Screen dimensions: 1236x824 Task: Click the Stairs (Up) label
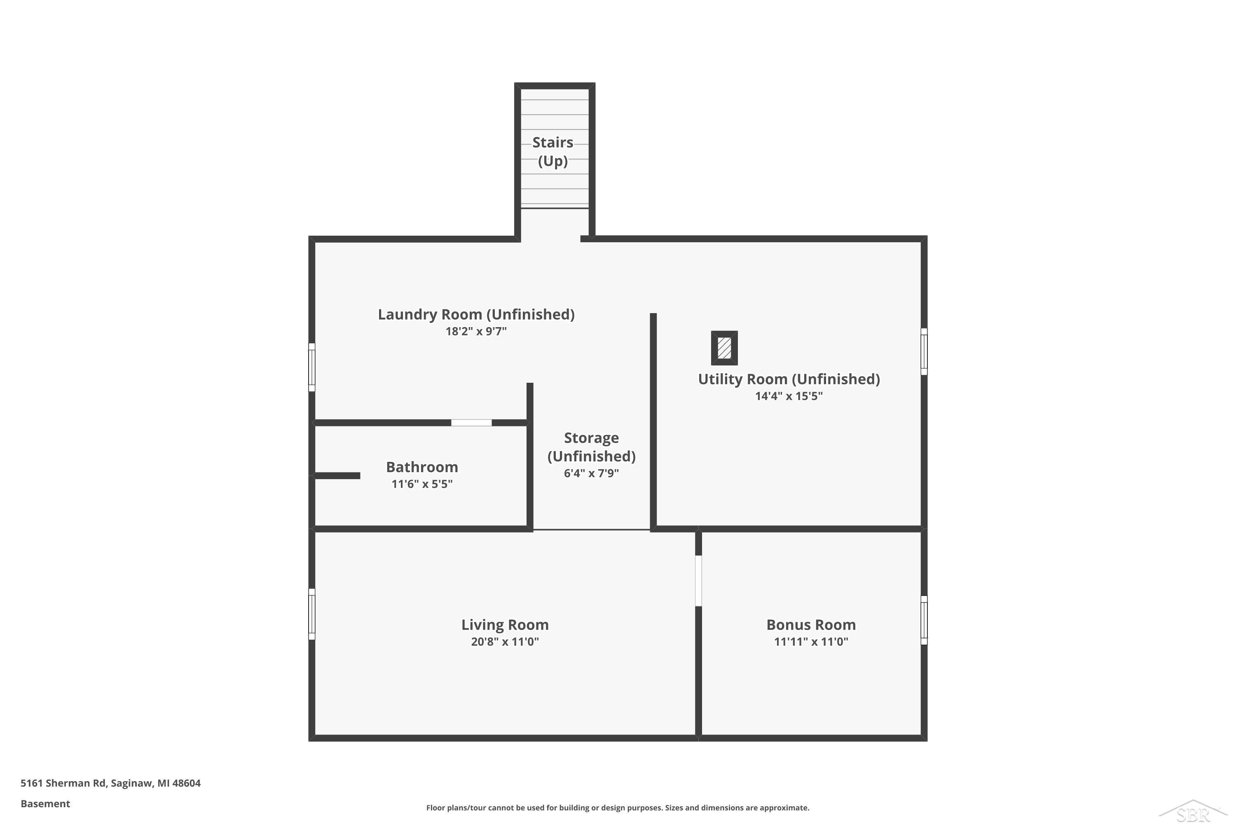(x=553, y=151)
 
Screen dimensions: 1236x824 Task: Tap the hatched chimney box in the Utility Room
(x=724, y=348)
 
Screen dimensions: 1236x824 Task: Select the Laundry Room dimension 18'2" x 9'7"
(x=476, y=331)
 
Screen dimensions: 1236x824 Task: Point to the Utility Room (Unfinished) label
(x=789, y=379)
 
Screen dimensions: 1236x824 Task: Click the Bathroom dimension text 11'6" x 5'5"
(x=422, y=484)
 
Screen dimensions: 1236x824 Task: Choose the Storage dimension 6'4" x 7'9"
(x=591, y=473)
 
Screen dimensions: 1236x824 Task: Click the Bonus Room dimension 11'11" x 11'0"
(x=811, y=641)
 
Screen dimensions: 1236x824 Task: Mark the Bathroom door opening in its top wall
(x=471, y=423)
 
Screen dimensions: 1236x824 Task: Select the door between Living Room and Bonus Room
(x=698, y=581)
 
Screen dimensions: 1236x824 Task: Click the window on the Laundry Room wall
(x=311, y=368)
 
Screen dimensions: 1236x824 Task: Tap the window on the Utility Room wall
(x=924, y=351)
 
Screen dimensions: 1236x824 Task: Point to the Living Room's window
(x=311, y=614)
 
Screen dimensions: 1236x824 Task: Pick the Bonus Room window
(x=924, y=620)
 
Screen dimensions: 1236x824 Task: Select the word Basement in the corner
(x=45, y=803)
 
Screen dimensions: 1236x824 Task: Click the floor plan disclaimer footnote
(x=618, y=808)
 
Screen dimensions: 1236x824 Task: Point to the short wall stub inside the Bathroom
(x=337, y=475)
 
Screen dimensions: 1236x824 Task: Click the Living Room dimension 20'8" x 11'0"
(x=505, y=641)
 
